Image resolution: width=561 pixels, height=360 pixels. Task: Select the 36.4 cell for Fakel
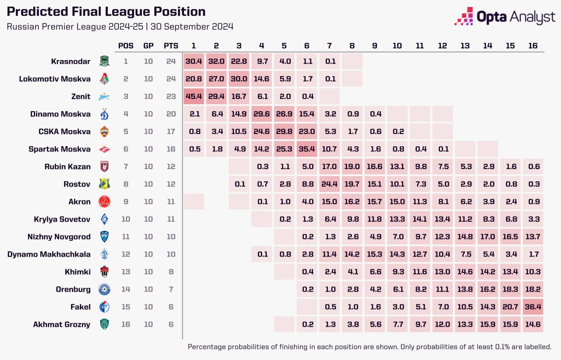pyautogui.click(x=533, y=307)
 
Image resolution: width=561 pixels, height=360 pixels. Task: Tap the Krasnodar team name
pyautogui.click(x=70, y=61)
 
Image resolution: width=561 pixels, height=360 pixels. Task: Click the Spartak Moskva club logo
pyautogui.click(x=105, y=149)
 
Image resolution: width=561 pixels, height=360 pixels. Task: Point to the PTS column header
pyautogui.click(x=171, y=46)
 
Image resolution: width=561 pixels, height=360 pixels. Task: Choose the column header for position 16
pyautogui.click(x=533, y=46)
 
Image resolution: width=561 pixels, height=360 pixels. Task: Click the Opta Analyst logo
pyautogui.click(x=504, y=17)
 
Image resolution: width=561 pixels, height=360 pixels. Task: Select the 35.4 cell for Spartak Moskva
pyautogui.click(x=307, y=149)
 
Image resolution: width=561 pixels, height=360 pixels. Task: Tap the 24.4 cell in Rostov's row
pyautogui.click(x=330, y=184)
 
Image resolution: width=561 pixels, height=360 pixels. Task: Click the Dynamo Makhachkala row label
pyautogui.click(x=49, y=254)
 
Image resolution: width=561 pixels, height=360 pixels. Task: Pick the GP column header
pyautogui.click(x=149, y=46)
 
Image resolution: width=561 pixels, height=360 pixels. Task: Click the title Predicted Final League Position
pyautogui.click(x=106, y=12)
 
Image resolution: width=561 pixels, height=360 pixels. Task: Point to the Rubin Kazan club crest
pyautogui.click(x=105, y=166)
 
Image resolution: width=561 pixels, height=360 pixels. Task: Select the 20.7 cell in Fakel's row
pyautogui.click(x=510, y=307)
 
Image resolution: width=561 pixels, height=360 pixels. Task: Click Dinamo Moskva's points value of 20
pyautogui.click(x=171, y=114)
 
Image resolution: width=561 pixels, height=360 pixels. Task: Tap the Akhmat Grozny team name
pyautogui.click(x=61, y=324)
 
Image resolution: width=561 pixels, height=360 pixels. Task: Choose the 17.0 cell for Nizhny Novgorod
pyautogui.click(x=487, y=236)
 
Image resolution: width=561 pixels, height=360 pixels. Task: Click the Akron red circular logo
pyautogui.click(x=105, y=201)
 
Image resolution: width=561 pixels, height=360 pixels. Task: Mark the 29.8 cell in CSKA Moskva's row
pyautogui.click(x=284, y=131)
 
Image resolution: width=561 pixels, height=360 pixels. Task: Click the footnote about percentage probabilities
pyautogui.click(x=369, y=346)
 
